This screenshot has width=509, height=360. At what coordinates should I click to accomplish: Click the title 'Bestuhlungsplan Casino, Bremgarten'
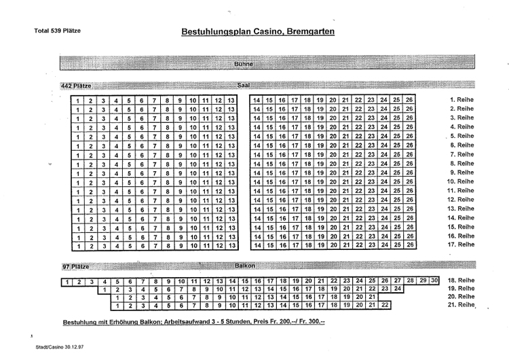tap(257, 32)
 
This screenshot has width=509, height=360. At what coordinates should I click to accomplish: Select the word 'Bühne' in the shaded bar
tap(243, 64)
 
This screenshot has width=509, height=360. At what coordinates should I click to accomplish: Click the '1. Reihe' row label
tap(461, 100)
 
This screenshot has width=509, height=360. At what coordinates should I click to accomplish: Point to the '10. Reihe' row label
tap(460, 181)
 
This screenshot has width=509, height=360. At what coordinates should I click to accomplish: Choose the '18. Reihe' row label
tap(461, 281)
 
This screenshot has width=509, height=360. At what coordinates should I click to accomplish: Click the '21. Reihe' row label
tap(461, 306)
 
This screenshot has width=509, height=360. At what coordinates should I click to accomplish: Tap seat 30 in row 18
tap(434, 281)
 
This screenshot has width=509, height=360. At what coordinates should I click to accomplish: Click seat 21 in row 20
tap(371, 298)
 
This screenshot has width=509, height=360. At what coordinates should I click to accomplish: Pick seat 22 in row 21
tap(385, 306)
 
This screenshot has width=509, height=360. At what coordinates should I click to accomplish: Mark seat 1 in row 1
tap(79, 101)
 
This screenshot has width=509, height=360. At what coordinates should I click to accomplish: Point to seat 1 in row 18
tap(67, 281)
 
